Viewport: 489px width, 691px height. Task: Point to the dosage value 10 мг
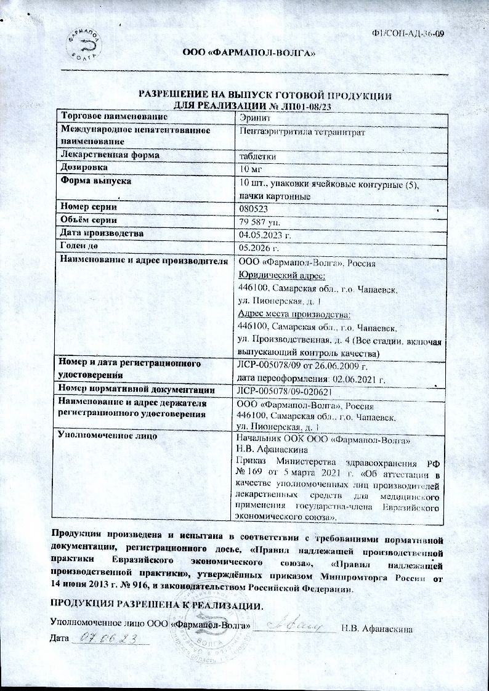[x=252, y=168]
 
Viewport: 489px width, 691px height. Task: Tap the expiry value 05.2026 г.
[x=259, y=248]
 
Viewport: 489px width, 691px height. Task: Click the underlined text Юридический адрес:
[x=277, y=275]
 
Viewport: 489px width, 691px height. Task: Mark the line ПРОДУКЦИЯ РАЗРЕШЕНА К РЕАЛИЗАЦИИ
[x=156, y=606]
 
